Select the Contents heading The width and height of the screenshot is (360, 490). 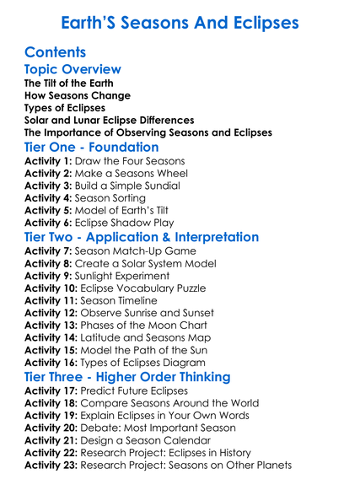(x=55, y=52)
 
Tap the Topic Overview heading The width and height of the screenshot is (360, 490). (x=73, y=69)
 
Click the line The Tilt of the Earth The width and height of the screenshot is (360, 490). (x=69, y=83)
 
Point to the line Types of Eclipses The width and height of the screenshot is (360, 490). (x=65, y=108)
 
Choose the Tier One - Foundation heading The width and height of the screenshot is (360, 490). (x=92, y=148)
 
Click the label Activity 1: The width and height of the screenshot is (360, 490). (x=49, y=161)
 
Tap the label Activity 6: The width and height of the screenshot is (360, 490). (x=49, y=223)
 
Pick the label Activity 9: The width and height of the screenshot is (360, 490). (x=49, y=276)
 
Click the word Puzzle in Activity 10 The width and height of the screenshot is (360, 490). (x=196, y=288)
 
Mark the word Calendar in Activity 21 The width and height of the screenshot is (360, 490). (x=184, y=439)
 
